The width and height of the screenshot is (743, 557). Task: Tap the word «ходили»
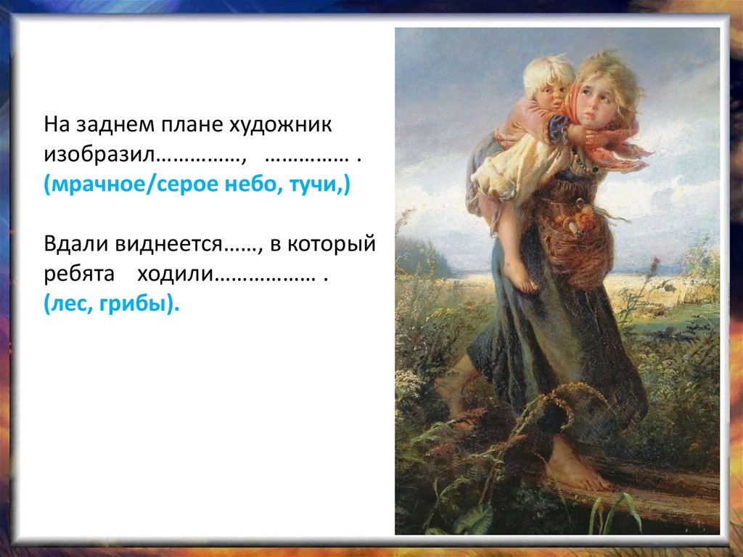177,276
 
